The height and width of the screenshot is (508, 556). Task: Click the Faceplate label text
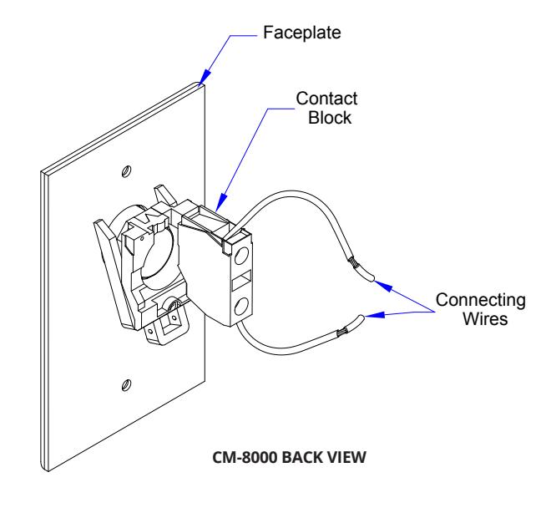point(301,33)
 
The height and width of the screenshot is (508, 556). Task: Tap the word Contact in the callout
point(326,99)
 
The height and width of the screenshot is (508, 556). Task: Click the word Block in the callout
point(330,118)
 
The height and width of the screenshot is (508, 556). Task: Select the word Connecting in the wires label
point(481,301)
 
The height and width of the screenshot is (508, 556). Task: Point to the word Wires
point(485,318)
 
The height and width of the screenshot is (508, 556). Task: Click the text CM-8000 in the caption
point(245,457)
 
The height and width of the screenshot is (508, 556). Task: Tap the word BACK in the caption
point(302,457)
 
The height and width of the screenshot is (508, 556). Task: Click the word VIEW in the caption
point(346,457)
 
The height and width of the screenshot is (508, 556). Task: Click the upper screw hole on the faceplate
point(126,171)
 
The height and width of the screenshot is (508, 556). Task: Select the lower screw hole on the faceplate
point(126,385)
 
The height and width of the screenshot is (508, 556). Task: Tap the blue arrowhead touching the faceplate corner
point(205,78)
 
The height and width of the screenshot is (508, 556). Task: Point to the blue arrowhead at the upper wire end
point(384,286)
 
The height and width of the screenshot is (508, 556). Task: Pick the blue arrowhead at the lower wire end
point(375,315)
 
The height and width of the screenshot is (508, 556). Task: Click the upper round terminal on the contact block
point(241,256)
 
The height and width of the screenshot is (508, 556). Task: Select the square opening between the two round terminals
point(241,280)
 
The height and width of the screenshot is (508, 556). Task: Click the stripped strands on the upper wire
point(354,262)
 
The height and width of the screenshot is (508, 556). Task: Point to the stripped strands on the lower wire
point(342,332)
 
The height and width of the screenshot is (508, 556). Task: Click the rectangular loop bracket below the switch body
point(164,328)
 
